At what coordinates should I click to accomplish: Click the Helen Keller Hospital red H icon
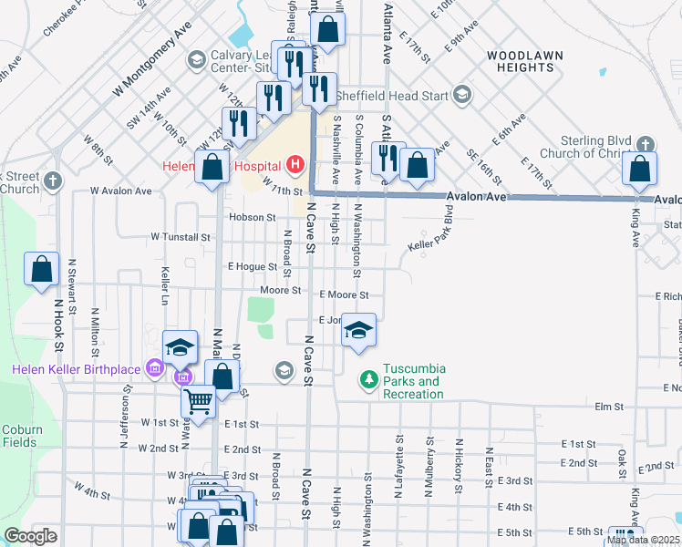pos(294,165)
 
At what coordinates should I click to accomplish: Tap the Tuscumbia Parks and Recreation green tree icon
pos(368,377)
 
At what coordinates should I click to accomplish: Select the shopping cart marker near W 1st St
pos(199,400)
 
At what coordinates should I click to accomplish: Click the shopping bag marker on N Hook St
pos(41,270)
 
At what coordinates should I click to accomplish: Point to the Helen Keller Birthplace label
pos(77,368)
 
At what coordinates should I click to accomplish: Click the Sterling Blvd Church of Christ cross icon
pos(645,145)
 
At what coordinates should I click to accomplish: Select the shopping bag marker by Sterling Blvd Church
pos(640,169)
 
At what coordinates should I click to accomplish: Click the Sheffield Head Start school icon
pos(461,95)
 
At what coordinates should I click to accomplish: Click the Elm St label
pos(608,407)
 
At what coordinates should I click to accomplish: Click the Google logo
pos(31,536)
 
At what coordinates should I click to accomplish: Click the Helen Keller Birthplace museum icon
pos(154,368)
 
